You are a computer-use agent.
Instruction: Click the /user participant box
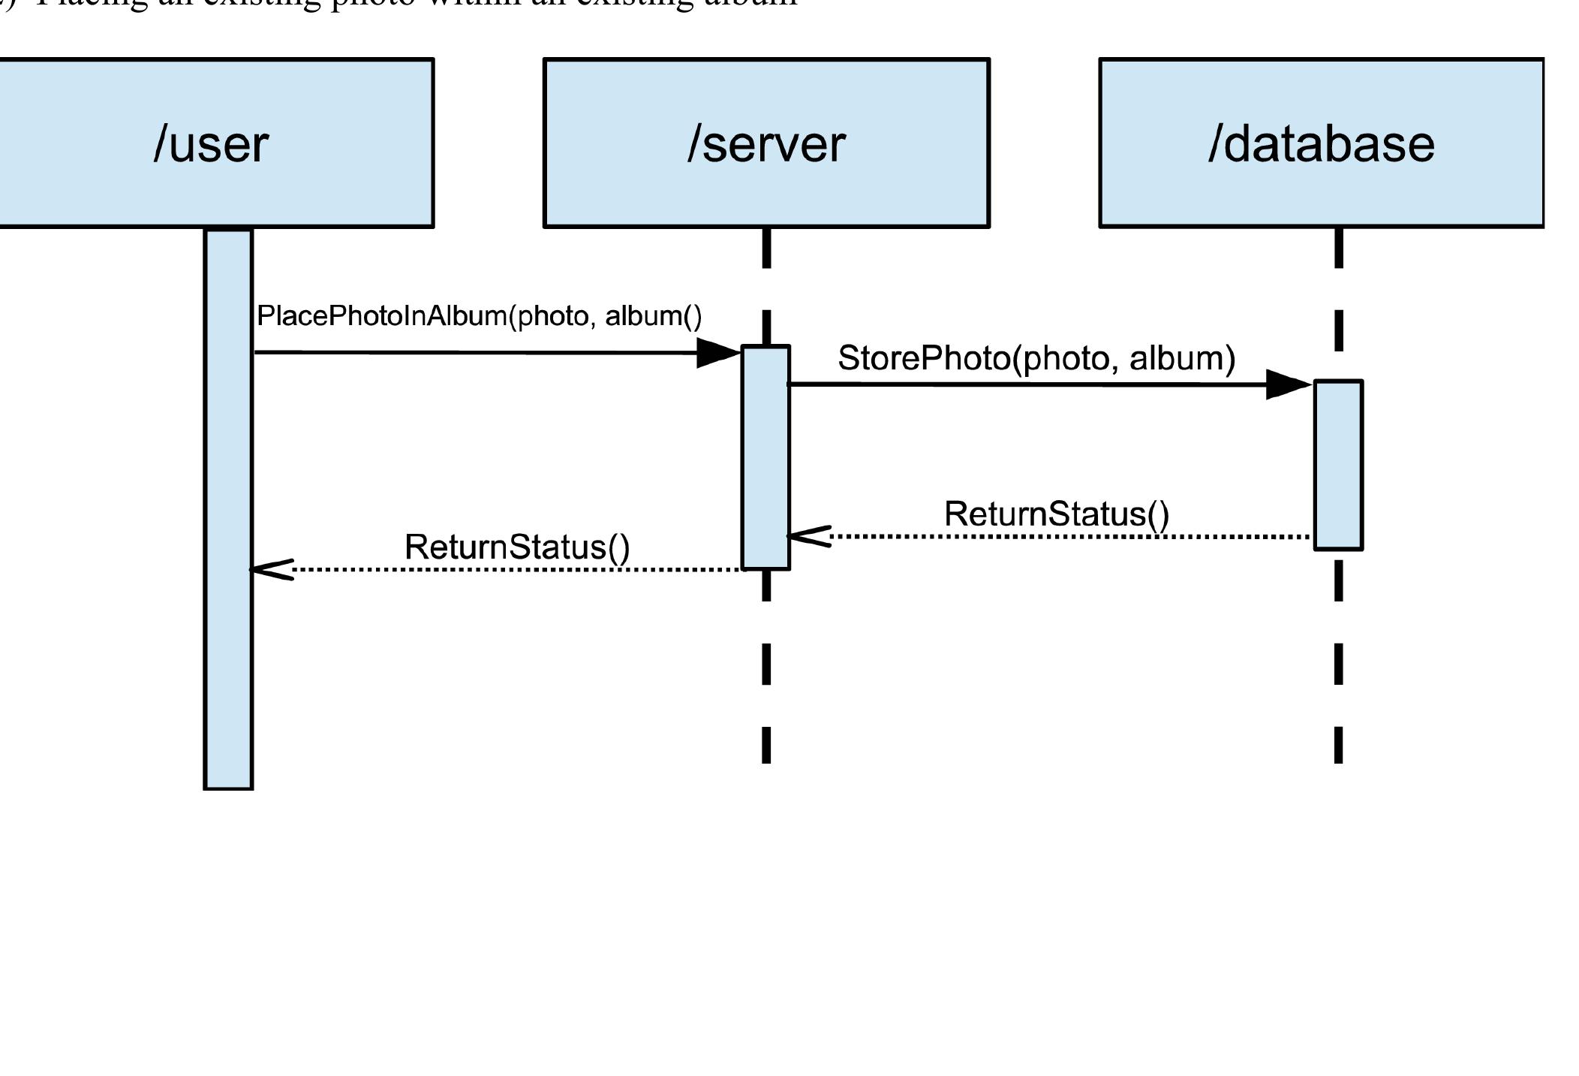(214, 143)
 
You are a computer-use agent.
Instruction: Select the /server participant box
(766, 143)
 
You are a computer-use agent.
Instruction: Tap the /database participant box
(1321, 143)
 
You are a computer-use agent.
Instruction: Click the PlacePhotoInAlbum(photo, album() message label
(479, 316)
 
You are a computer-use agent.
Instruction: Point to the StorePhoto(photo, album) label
(1036, 358)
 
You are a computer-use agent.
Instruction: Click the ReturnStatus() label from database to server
(1056, 514)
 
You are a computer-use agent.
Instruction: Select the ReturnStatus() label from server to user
(516, 547)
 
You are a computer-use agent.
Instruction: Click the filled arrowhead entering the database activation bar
(1288, 384)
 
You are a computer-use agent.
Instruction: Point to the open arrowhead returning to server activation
(809, 536)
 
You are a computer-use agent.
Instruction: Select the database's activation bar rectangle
(1338, 465)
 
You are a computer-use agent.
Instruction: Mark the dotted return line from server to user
(518, 570)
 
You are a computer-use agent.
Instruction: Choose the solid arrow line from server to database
(1028, 384)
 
